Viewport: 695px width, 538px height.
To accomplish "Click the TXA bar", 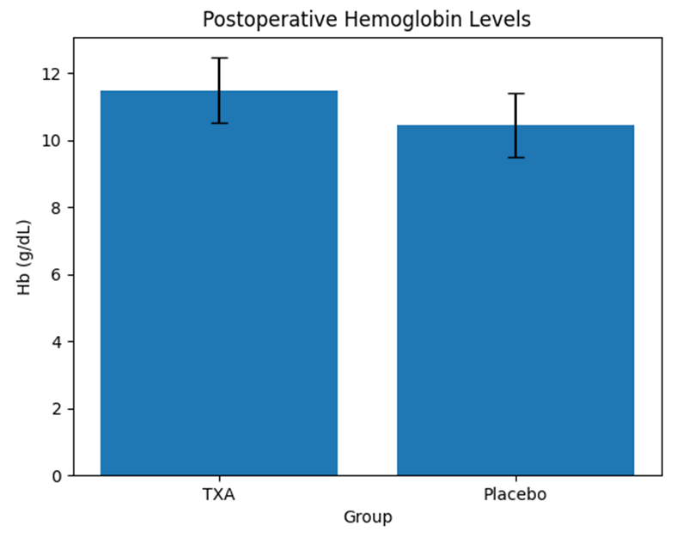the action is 219,283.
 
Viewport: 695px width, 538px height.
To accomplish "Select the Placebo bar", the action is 515,300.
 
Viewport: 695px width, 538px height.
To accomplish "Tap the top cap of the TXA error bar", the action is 219,58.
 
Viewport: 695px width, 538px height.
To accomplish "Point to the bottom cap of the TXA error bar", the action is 219,123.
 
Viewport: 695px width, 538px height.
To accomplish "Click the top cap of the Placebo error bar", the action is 516,94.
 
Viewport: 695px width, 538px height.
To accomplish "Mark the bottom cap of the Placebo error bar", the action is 516,157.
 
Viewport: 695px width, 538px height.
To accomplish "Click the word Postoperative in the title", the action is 270,20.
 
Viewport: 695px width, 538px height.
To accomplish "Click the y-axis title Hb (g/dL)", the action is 24,257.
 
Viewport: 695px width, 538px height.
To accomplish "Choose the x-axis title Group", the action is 368,517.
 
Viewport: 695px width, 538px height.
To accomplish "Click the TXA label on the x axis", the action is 218,494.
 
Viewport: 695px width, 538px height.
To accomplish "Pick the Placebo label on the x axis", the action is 515,494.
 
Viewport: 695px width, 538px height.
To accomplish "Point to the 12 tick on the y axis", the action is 51,74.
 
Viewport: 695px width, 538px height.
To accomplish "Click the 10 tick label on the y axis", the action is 51,141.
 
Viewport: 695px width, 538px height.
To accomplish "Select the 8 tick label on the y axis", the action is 56,208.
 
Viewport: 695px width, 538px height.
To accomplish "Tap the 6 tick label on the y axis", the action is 56,275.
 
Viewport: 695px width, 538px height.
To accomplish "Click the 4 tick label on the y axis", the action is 56,342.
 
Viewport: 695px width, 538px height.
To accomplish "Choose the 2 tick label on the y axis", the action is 57,409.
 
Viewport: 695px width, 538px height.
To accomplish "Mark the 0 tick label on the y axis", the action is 57,476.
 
